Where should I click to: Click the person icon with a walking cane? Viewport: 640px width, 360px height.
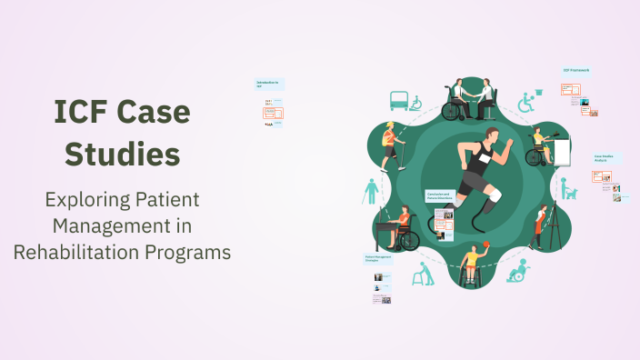coord(371,191)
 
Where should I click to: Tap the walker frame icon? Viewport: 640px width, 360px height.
coord(423,274)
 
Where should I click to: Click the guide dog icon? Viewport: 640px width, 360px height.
coord(568,193)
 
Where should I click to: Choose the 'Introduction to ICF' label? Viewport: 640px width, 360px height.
coord(268,84)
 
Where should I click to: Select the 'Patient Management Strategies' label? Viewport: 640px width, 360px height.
coord(378,259)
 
